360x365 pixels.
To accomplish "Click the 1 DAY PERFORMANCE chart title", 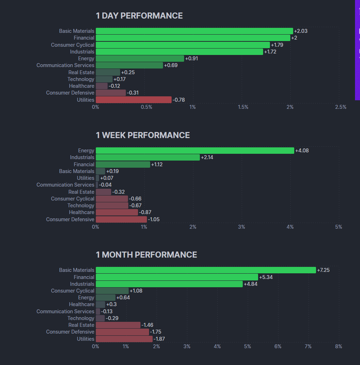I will pos(139,16).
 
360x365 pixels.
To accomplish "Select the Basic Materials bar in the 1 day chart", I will pos(194,31).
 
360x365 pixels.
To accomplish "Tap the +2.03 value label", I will pos(301,31).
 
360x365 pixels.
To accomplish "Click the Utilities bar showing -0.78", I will pos(133,100).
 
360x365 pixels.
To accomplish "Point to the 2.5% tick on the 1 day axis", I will pos(341,107).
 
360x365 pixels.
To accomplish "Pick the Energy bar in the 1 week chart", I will pos(195,151).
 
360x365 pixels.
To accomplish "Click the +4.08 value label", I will pos(302,151).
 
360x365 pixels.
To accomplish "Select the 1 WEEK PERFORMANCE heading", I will pos(143,135).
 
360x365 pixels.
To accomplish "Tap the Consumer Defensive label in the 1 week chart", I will pos(70,219).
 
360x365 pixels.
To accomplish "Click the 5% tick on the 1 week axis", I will pos(339,227).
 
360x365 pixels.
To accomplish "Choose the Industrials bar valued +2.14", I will pos(148,157).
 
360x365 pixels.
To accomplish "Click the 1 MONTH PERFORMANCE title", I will pos(146,255).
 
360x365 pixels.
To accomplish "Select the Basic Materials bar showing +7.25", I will pos(206,270).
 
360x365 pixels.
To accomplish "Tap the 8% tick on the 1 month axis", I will pos(339,346).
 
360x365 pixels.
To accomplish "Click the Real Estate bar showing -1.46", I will pos(118,325).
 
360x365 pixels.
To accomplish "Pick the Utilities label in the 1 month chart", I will pos(85,339).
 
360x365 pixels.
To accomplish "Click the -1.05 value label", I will pos(154,219).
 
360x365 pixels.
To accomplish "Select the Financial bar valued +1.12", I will pos(123,164).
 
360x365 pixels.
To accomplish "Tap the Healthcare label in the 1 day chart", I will pos(82,86).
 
